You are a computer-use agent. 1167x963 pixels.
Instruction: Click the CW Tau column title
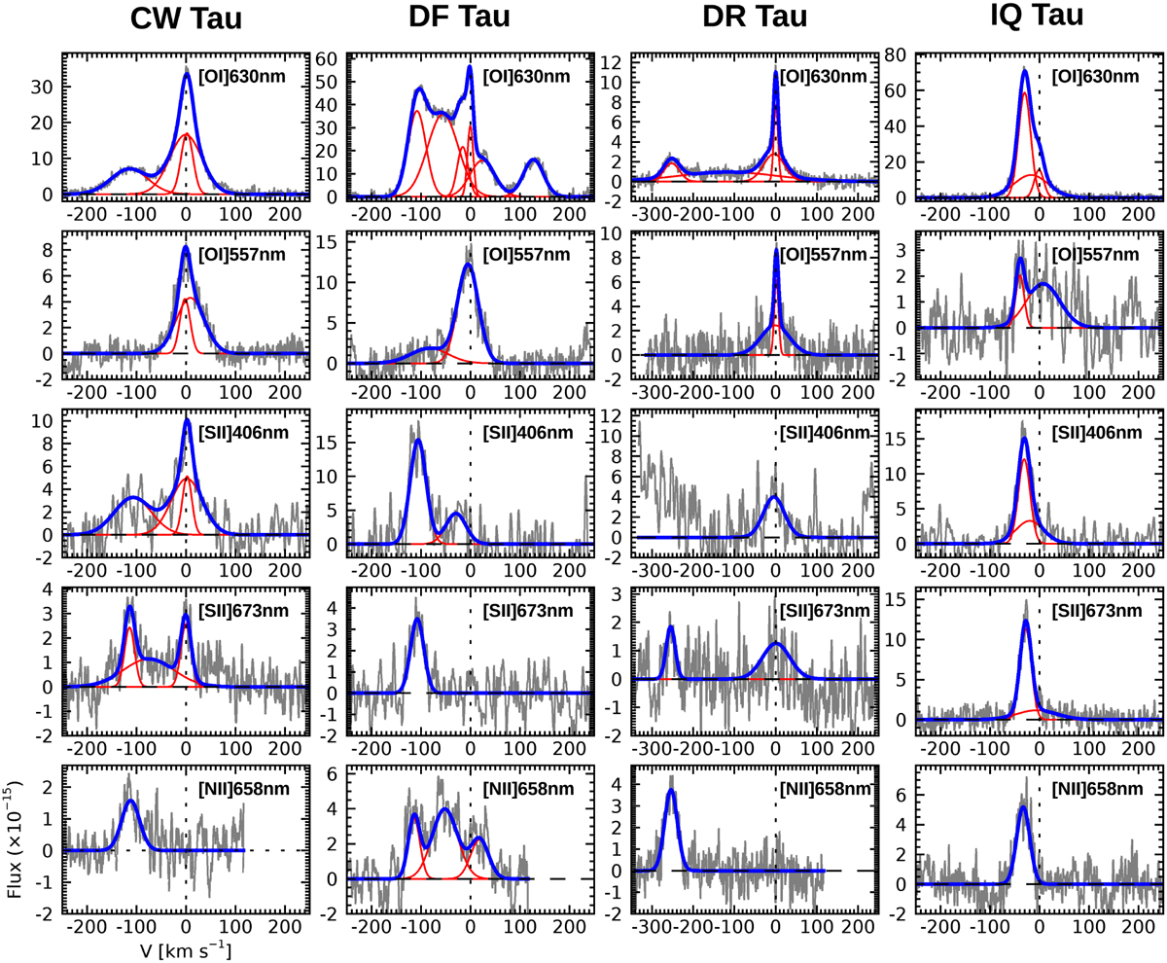pos(185,20)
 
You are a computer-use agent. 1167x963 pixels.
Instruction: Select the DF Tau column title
pos(471,20)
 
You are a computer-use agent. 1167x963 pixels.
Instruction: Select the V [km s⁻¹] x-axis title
pos(185,947)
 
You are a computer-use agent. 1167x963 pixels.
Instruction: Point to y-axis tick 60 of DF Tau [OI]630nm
pos(330,58)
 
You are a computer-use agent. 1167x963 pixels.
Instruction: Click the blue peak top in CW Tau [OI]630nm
pos(186,71)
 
